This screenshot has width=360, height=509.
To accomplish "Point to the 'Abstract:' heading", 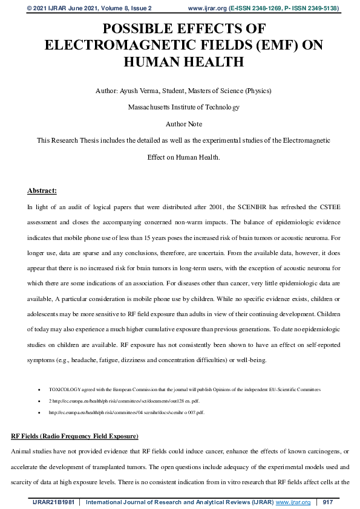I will (x=42, y=191).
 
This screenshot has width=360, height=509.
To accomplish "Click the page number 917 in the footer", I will (x=328, y=502).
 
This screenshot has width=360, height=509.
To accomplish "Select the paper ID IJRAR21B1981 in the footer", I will (x=53, y=502).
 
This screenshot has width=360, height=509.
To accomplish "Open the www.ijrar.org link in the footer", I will (x=293, y=502).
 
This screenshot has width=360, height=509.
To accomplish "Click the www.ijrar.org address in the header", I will (x=208, y=8).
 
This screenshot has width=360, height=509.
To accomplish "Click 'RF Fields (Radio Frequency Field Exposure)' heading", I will (x=75, y=436).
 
